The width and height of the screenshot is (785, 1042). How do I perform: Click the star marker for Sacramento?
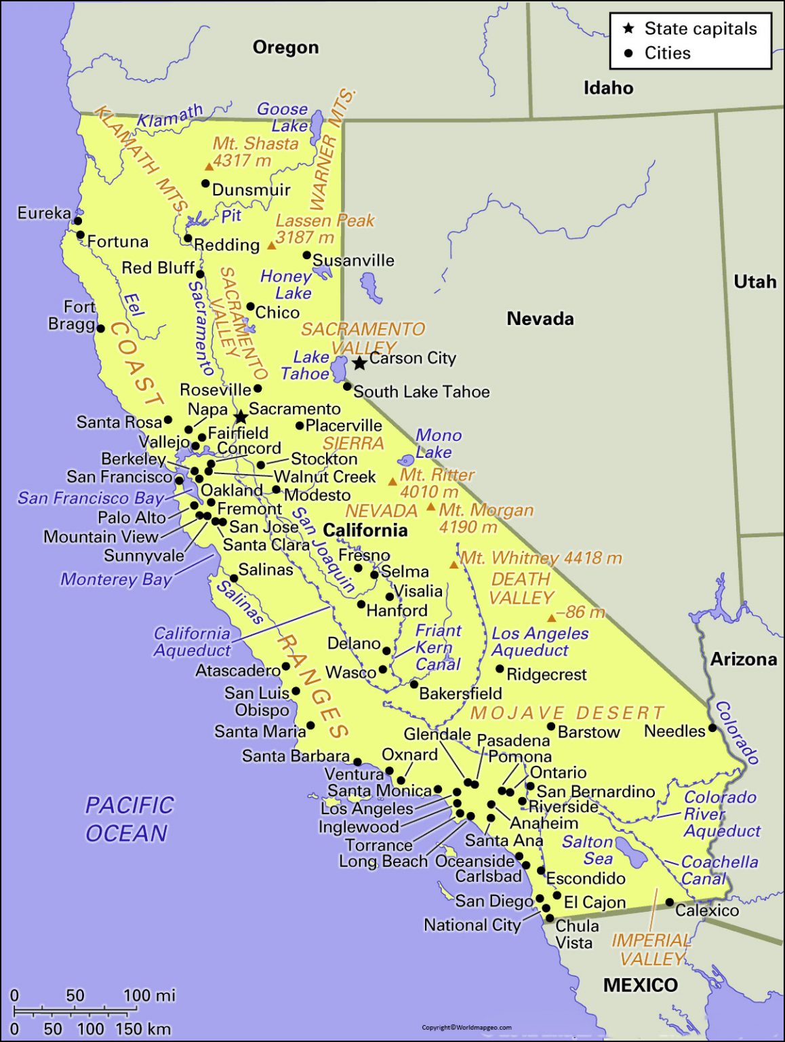pos(240,417)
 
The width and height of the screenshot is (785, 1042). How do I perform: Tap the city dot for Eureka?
pos(78,220)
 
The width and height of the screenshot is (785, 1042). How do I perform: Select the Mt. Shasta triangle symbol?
pos(209,167)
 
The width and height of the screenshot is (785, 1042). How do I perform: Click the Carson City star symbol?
pos(359,363)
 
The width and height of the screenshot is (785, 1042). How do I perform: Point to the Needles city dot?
pos(712,728)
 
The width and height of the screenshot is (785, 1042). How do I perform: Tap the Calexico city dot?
pos(669,902)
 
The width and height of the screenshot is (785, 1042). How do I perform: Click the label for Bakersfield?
pos(460,693)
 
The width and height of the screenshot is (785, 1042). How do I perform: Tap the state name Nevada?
pos(540,318)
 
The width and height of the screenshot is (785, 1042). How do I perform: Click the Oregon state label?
pos(285,47)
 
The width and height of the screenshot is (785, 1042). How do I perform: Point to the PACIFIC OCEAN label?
pos(129,819)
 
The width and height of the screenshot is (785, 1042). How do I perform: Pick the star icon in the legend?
pos(628,28)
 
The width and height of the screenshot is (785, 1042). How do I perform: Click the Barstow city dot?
pos(551,727)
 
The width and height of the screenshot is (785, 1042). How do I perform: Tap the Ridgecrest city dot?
pos(500,669)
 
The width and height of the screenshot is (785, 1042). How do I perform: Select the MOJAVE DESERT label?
pos(567,713)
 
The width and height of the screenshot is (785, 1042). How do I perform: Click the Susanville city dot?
pos(306,256)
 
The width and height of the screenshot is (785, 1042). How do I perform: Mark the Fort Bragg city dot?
pos(100,328)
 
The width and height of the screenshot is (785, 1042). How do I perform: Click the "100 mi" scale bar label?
pos(149,995)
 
